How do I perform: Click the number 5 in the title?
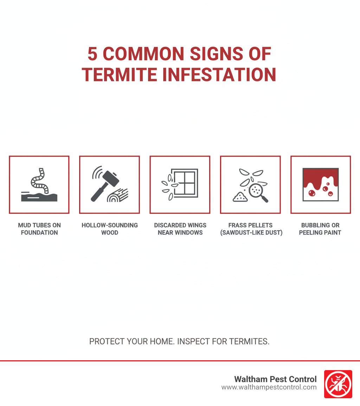(92, 54)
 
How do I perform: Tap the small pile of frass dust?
(240, 197)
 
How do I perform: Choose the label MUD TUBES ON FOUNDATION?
(39, 229)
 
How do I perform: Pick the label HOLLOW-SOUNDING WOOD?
(110, 229)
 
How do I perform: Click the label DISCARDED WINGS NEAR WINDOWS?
(180, 229)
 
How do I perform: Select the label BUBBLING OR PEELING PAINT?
(320, 229)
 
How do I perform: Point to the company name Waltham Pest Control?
(275, 379)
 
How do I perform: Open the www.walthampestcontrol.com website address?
(269, 387)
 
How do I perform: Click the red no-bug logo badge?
(338, 384)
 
